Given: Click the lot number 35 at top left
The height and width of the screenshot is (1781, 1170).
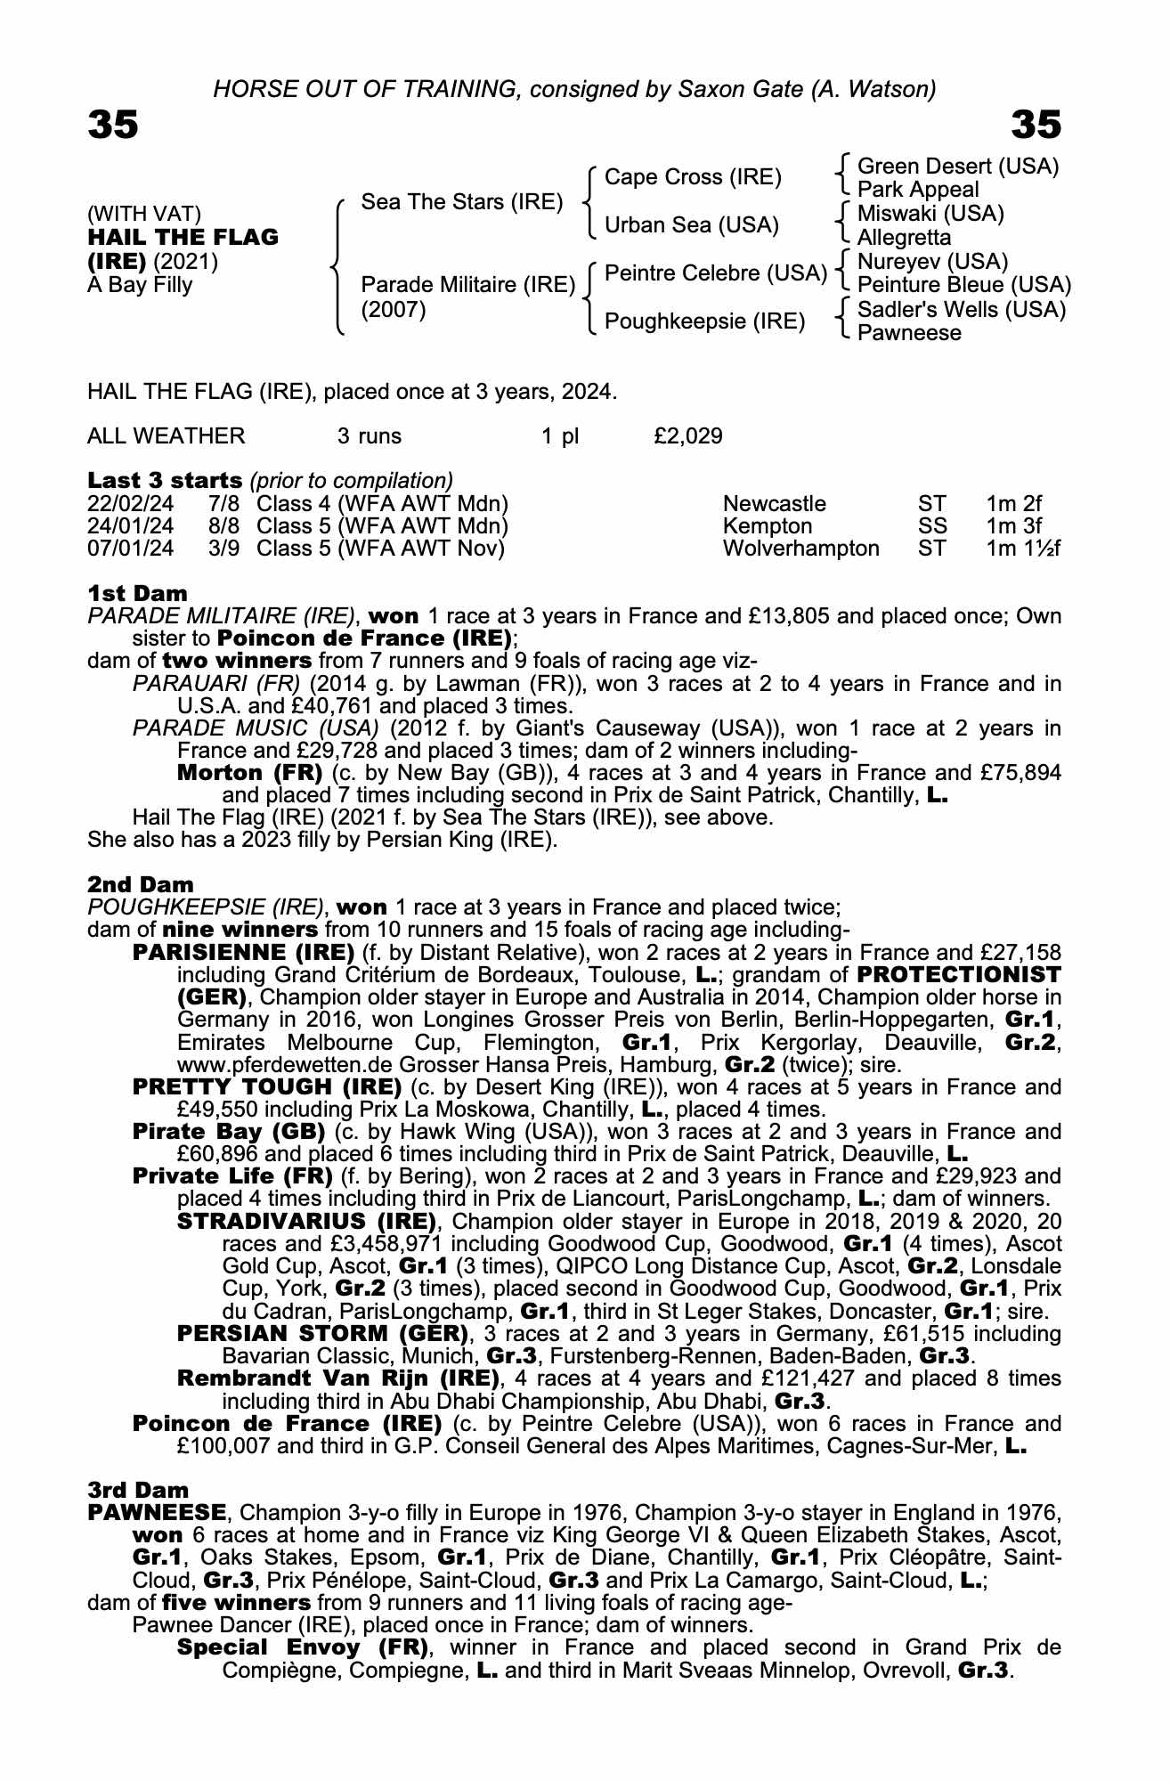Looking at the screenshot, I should point(113,125).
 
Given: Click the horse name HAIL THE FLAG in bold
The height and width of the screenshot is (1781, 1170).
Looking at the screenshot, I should point(183,238).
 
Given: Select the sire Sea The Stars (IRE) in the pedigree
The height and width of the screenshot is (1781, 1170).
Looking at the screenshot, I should point(461,202).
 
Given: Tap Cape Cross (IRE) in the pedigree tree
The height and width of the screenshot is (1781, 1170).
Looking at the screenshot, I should point(693,177).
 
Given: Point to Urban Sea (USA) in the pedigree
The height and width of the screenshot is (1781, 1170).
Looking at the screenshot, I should point(691,225).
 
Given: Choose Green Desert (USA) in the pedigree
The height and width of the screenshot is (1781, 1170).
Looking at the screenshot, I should point(957,167).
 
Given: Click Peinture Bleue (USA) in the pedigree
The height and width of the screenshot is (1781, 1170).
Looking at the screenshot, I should point(963,285).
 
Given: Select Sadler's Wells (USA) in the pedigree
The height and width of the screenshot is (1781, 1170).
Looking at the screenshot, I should point(961,310).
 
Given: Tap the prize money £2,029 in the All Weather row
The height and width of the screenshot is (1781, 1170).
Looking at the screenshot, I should point(687,436).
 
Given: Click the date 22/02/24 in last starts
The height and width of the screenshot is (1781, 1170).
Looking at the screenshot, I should point(131,504).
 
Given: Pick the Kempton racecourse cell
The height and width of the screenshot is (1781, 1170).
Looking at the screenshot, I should point(768,526).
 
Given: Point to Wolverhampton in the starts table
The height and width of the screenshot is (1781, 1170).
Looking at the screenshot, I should point(800,549).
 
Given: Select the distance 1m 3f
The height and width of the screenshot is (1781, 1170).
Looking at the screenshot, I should point(1013,526).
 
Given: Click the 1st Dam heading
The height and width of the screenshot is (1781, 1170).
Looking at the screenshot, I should point(137,593).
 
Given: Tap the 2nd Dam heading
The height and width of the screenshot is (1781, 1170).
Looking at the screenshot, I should point(140,884).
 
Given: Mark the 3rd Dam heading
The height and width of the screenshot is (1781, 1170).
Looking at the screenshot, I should point(138,1490).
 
